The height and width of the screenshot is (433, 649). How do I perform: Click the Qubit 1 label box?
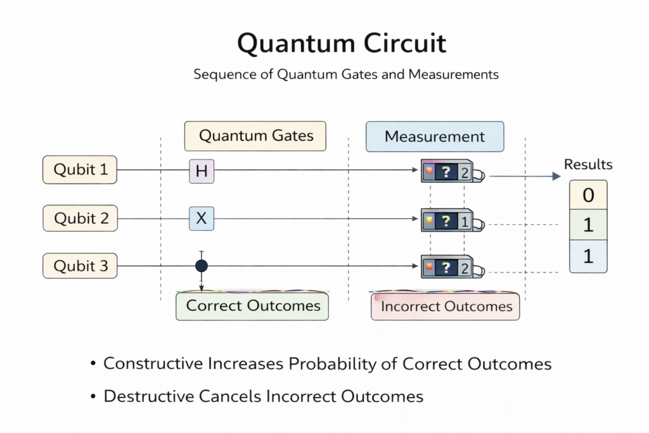(80, 170)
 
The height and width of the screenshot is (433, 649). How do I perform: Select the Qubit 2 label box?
(80, 218)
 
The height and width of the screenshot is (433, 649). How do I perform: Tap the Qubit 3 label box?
(80, 266)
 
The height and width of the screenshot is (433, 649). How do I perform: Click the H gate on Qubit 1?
(202, 171)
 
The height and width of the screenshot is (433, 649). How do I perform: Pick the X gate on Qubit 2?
(202, 219)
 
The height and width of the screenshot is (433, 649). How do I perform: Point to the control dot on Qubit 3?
(202, 266)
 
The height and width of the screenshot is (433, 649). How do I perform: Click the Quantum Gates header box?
(255, 136)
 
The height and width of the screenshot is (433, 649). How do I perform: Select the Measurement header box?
(435, 136)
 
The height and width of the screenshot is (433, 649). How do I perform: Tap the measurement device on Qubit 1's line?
(451, 171)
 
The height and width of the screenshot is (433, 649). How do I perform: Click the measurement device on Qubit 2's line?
(451, 221)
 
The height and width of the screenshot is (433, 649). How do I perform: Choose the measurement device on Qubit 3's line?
(451, 267)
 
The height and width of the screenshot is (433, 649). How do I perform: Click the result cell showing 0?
(588, 195)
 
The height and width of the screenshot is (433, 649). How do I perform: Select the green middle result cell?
(588, 226)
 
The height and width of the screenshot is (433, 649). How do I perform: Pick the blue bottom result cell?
(588, 257)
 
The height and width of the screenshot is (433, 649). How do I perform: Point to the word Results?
(588, 165)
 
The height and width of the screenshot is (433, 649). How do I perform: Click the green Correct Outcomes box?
(253, 306)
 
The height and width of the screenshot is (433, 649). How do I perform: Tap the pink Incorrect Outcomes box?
(446, 307)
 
